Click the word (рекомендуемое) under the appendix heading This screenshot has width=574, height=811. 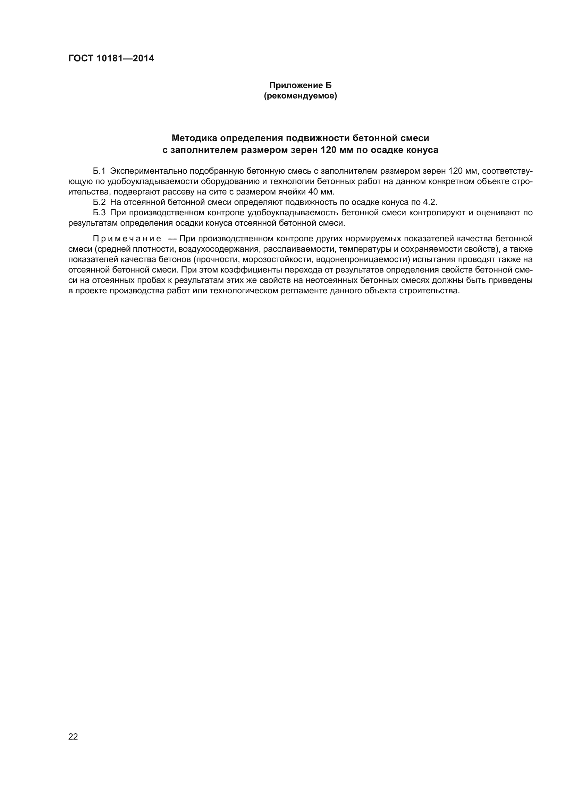301,96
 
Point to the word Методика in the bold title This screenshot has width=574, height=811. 194,138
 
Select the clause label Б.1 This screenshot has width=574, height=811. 99,171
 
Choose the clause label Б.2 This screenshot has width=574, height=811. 99,202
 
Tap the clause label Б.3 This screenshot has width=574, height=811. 99,213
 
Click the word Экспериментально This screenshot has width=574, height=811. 149,171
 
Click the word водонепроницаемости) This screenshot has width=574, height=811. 363,260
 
